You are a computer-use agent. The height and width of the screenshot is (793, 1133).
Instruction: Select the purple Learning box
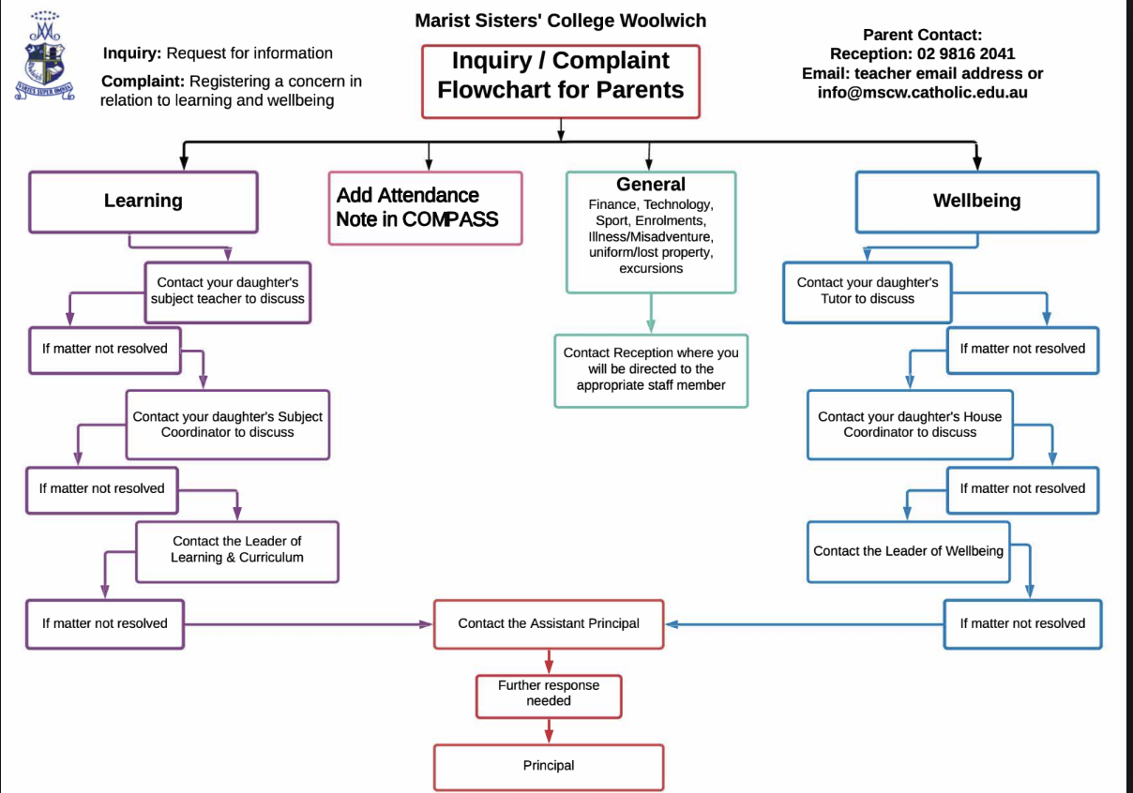coord(144,201)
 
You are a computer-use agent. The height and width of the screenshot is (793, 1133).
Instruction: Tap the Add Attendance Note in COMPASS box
coord(425,207)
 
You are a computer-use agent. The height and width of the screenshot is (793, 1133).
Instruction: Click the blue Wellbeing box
coord(976,201)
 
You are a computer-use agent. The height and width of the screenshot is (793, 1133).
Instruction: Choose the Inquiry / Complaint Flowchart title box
coord(561,75)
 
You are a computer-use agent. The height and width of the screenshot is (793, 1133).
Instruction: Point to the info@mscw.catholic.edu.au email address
coord(922,93)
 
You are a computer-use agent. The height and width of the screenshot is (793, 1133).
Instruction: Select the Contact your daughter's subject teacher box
coord(228,291)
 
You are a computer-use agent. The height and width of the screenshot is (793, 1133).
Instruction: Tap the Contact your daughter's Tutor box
coord(868,291)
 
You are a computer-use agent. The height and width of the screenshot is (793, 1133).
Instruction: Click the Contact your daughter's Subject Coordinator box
coord(228,425)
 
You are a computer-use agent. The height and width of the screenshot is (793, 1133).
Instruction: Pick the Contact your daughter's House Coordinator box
coord(910,425)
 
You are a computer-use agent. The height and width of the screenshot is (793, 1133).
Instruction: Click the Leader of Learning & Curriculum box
coord(237,549)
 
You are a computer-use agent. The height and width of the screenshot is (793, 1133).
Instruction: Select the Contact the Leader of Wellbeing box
coord(908,551)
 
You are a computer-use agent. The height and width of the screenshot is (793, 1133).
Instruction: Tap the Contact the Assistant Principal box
coord(549,623)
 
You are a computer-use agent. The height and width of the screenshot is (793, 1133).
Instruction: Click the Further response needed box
coord(549,693)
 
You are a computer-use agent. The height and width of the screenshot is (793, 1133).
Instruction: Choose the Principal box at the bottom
coord(549,766)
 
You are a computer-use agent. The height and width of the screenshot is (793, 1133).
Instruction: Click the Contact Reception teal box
coord(651,369)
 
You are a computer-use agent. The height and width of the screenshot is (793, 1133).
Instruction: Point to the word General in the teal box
coord(651,185)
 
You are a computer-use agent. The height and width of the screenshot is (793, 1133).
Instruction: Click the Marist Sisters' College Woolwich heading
coord(561,20)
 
